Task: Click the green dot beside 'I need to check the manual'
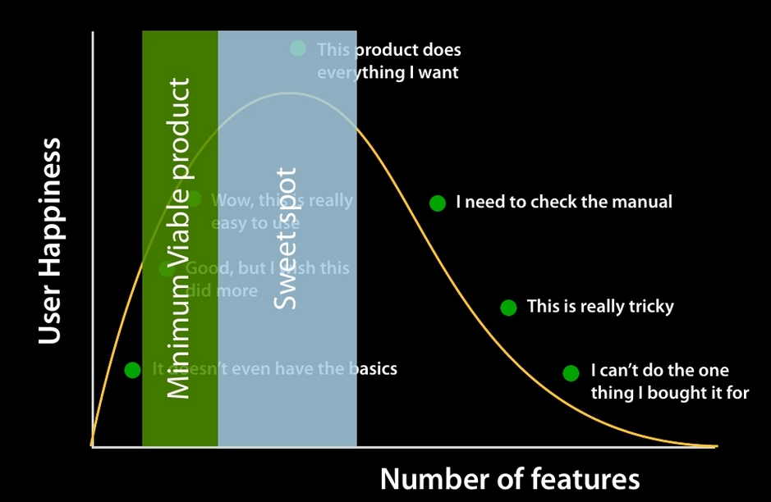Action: (x=438, y=203)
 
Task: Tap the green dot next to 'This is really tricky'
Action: (x=509, y=308)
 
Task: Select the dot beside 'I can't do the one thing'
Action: (x=571, y=373)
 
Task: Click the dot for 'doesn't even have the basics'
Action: (x=132, y=370)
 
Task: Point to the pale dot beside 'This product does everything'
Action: (x=298, y=48)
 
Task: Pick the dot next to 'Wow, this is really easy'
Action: (x=194, y=199)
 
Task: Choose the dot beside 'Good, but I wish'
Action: (x=167, y=269)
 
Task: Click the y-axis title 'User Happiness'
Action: (x=50, y=240)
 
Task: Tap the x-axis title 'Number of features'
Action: (x=509, y=478)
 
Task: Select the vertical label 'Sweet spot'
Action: (x=285, y=239)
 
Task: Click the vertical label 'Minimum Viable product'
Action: (x=178, y=239)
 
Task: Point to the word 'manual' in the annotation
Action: (x=641, y=202)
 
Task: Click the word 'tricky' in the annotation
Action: (x=648, y=307)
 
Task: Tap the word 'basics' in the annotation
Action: (x=370, y=368)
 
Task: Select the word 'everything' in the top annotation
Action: (x=359, y=72)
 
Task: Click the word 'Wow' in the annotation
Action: (x=227, y=200)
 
